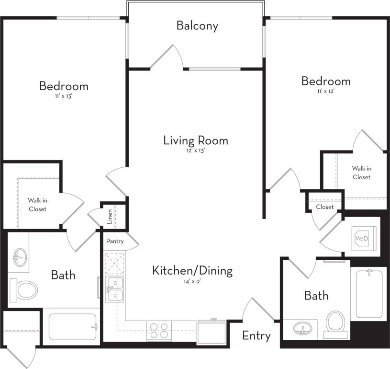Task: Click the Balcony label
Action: pos(197,25)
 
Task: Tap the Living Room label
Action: pos(195,140)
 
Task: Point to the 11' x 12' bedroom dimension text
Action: pos(325,91)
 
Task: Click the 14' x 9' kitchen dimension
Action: pos(192,282)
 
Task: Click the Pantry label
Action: pos(115,241)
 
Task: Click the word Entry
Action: pos(256,335)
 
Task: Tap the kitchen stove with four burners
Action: pos(159,331)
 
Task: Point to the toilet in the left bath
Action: pos(24,289)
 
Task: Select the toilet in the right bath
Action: pos(335,322)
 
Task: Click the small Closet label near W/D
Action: pos(324,207)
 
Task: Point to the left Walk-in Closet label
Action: pos(37,205)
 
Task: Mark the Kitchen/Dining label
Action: pos(192,270)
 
